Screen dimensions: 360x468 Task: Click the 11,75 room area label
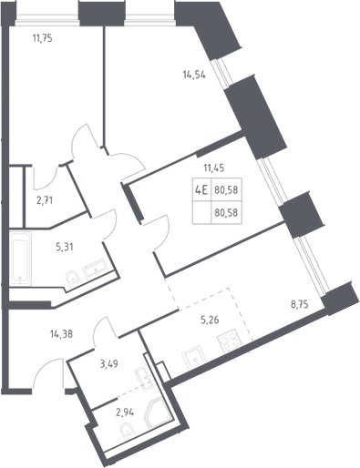(x=43, y=38)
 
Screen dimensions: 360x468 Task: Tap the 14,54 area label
(x=194, y=75)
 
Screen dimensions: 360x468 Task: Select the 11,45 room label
(x=214, y=168)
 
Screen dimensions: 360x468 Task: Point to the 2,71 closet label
(x=45, y=200)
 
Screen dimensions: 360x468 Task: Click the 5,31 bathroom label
(x=65, y=247)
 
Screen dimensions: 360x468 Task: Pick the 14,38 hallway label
(x=61, y=334)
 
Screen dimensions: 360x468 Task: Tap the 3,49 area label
(x=108, y=363)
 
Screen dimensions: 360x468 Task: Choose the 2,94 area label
(x=125, y=412)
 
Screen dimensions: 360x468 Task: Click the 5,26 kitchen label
(x=210, y=320)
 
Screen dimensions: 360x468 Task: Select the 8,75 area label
(x=300, y=304)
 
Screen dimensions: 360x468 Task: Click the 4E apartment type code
(x=201, y=190)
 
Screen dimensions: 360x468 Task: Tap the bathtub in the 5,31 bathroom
(x=20, y=259)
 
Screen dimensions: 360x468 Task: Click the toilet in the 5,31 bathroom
(x=73, y=279)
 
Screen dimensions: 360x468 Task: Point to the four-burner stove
(x=230, y=341)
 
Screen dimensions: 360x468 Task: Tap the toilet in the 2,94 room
(x=127, y=432)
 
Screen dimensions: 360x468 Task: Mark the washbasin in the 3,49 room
(x=142, y=376)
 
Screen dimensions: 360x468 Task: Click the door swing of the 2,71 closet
(x=46, y=178)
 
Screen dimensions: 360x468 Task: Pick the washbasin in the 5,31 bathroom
(x=96, y=269)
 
